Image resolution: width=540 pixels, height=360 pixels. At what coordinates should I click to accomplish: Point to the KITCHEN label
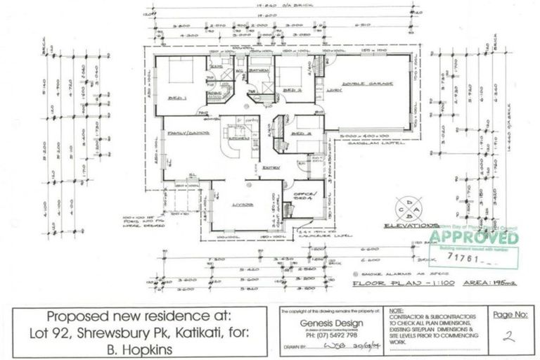pos(234,139)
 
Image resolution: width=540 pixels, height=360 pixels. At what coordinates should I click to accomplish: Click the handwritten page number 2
pos(509,337)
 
